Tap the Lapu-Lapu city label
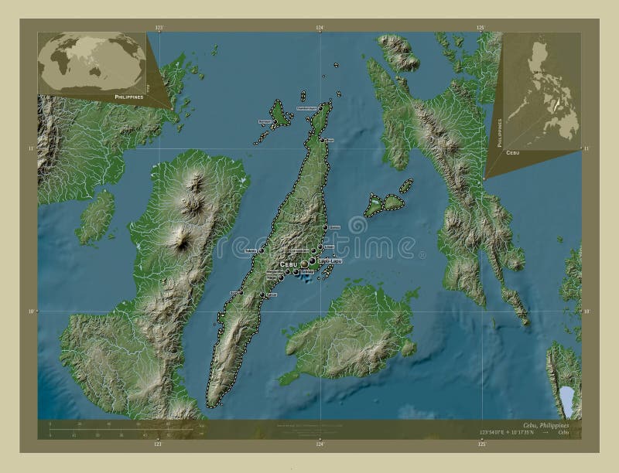coord(330,262)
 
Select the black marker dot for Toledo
coord(262,250)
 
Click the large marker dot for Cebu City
coord(303,264)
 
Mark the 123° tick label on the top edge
coord(160,27)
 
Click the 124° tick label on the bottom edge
coord(319,444)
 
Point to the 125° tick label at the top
coord(480,27)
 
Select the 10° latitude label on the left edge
coord(32,311)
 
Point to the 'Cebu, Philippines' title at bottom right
coord(550,426)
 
